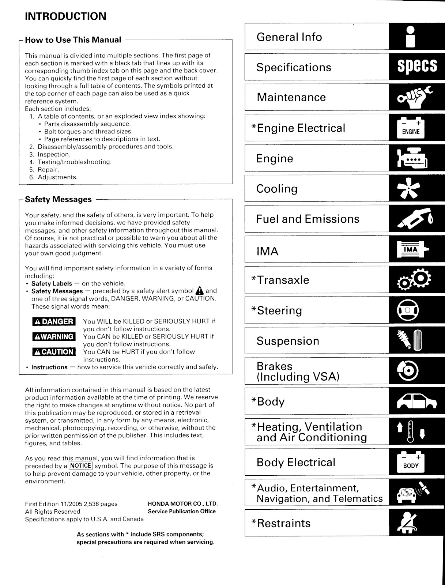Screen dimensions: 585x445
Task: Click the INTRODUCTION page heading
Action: (65, 16)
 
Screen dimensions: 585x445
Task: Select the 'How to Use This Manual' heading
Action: (73, 40)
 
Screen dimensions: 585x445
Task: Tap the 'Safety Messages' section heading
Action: (58, 199)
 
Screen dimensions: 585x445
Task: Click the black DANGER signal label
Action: (54, 322)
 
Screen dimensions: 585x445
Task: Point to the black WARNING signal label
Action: (54, 337)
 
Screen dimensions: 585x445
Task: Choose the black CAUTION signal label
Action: (54, 352)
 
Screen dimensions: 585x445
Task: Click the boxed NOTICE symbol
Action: (81, 466)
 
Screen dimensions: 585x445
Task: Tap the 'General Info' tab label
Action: (289, 37)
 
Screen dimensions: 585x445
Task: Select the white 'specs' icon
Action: (417, 67)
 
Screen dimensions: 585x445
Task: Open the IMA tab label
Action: (268, 252)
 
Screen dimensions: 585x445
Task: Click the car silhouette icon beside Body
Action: (416, 402)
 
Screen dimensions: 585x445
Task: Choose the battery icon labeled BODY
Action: (411, 463)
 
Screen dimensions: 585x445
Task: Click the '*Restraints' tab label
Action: (281, 523)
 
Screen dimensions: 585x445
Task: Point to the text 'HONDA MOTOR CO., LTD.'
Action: (182, 504)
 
